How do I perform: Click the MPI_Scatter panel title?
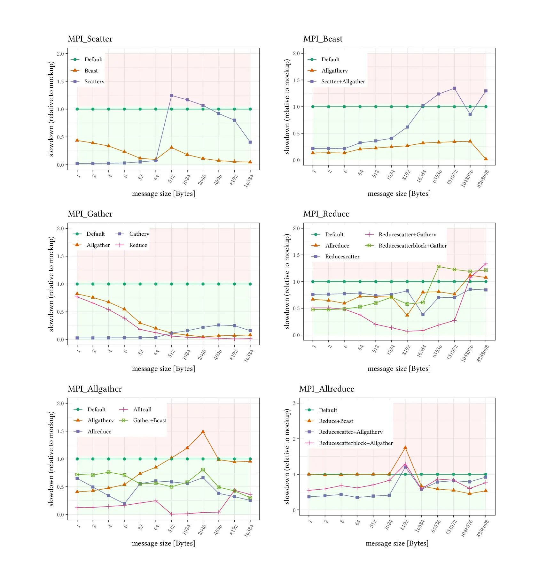(90, 39)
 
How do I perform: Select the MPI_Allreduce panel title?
(326, 389)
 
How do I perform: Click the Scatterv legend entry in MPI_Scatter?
(94, 81)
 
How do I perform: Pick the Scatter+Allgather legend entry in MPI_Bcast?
(343, 81)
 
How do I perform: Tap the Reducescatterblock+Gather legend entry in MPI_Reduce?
(412, 246)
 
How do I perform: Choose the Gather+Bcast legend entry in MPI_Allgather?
(150, 420)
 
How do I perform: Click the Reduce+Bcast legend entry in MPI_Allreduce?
(336, 421)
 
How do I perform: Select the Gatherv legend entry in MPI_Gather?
(139, 234)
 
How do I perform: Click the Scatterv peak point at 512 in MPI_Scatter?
(172, 95)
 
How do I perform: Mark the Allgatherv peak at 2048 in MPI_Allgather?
(203, 431)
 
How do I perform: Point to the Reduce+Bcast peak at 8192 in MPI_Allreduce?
(405, 448)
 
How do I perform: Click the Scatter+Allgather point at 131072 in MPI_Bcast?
(454, 88)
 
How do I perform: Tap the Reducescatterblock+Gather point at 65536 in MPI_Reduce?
(439, 267)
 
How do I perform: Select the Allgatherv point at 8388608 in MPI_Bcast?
(486, 159)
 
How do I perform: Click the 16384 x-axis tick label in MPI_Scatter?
(249, 180)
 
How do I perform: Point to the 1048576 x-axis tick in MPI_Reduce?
(467, 353)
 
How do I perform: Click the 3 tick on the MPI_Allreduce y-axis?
(294, 403)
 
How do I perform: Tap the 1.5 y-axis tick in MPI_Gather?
(60, 256)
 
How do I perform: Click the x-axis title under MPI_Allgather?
(163, 543)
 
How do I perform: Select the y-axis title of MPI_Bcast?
(287, 107)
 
